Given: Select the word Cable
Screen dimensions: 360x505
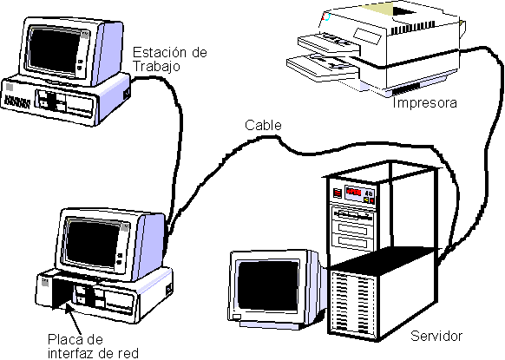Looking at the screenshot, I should tap(263, 126).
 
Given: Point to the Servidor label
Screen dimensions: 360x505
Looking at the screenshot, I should tap(436, 336).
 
